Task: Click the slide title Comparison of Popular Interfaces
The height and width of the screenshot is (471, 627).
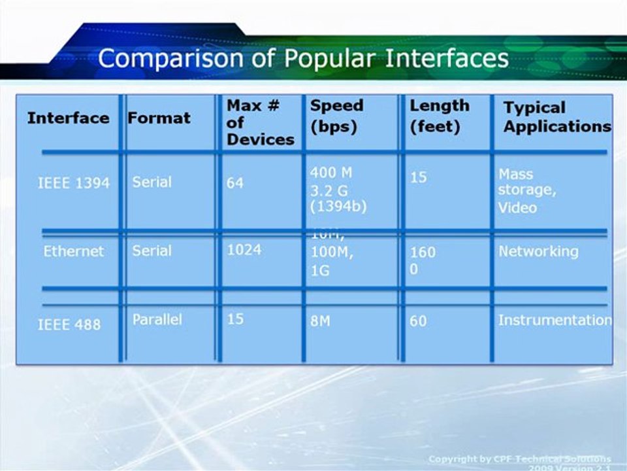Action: pos(303,58)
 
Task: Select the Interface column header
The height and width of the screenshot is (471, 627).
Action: pos(68,118)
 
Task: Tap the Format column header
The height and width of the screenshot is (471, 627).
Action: pos(159,118)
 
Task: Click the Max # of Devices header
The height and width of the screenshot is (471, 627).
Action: pos(260,122)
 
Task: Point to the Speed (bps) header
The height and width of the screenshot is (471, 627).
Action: pos(336,116)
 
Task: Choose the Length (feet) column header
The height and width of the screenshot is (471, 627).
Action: pos(439,116)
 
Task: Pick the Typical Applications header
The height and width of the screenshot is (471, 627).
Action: pos(556,117)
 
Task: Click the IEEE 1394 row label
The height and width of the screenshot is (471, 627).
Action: pos(73,183)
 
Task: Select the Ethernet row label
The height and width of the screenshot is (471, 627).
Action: pos(73,251)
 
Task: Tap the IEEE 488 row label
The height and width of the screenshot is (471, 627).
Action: pos(69,324)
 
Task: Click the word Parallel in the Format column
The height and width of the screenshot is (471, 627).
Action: pos(157,320)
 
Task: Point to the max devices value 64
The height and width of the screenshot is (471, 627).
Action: pos(234,183)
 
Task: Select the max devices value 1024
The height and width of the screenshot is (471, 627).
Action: pos(244,250)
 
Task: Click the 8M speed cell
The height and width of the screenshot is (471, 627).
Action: pos(319,321)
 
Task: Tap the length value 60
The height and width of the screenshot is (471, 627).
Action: pos(418,321)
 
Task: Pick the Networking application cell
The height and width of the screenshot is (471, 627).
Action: pos(538,251)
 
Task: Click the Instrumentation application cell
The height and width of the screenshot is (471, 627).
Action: pos(555,320)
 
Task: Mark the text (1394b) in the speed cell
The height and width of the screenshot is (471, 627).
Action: pos(338,206)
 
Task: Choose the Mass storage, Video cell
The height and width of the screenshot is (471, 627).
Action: pos(526,191)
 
